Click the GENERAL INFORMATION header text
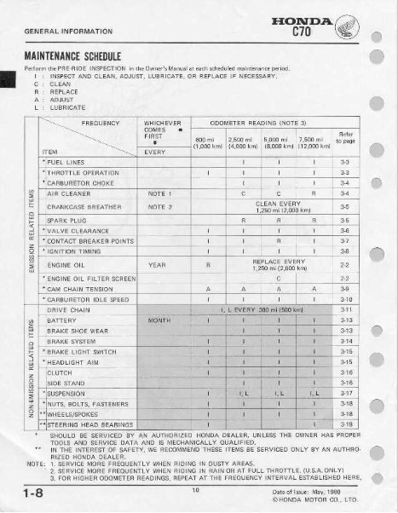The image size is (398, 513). [x=47, y=30]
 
